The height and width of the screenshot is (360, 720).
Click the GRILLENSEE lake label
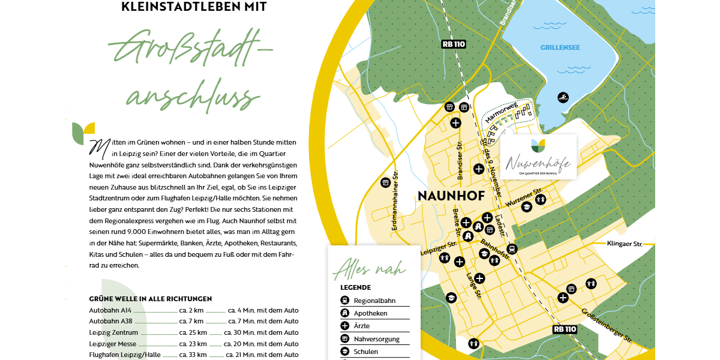click(x=560, y=47)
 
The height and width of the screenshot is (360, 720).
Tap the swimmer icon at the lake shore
click(x=563, y=97)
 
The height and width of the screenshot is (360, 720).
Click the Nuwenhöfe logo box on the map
click(x=538, y=157)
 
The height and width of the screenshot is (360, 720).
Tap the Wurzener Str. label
click(x=525, y=197)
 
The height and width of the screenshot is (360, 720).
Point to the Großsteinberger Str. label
click(x=607, y=324)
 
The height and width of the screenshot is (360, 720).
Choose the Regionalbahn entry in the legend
click(x=374, y=301)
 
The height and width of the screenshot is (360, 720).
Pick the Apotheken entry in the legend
click(x=370, y=313)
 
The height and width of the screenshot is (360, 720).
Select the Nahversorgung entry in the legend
click(x=376, y=339)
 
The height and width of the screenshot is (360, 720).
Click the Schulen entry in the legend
click(x=366, y=352)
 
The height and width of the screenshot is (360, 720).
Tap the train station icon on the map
click(x=512, y=249)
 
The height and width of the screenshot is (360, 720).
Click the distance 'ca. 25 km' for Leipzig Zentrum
click(x=193, y=332)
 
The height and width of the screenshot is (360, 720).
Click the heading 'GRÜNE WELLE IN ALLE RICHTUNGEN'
click(x=150, y=298)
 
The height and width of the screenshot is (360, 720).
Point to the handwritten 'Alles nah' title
click(x=370, y=268)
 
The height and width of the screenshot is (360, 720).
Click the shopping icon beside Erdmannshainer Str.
click(x=385, y=182)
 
